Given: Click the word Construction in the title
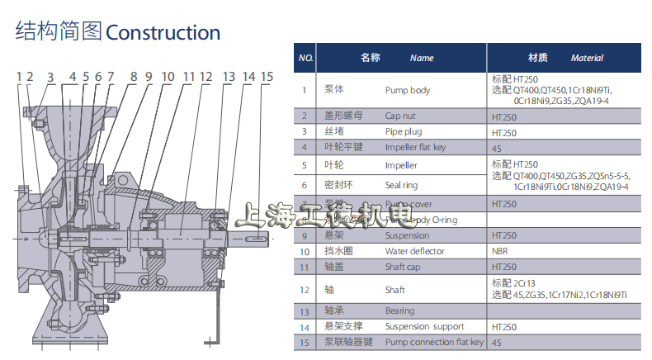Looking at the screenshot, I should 163,33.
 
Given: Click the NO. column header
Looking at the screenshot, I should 305,59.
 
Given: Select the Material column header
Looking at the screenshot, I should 587,59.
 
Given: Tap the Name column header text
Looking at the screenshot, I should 422,59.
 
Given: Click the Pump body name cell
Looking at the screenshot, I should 408,91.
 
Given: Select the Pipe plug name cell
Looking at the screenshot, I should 404,131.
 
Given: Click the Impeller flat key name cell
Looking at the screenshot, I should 415,147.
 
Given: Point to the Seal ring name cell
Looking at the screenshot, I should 402,186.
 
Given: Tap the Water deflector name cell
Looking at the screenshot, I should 414,251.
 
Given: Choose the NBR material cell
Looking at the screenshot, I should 500,251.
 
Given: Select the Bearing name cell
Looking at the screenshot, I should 400,311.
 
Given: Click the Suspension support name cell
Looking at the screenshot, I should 424,327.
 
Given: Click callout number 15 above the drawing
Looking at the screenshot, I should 267,77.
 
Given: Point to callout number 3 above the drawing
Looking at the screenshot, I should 50,78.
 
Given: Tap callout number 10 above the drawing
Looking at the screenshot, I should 168,77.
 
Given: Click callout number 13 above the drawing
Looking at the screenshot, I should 228,77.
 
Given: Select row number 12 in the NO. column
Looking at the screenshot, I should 305,289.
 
